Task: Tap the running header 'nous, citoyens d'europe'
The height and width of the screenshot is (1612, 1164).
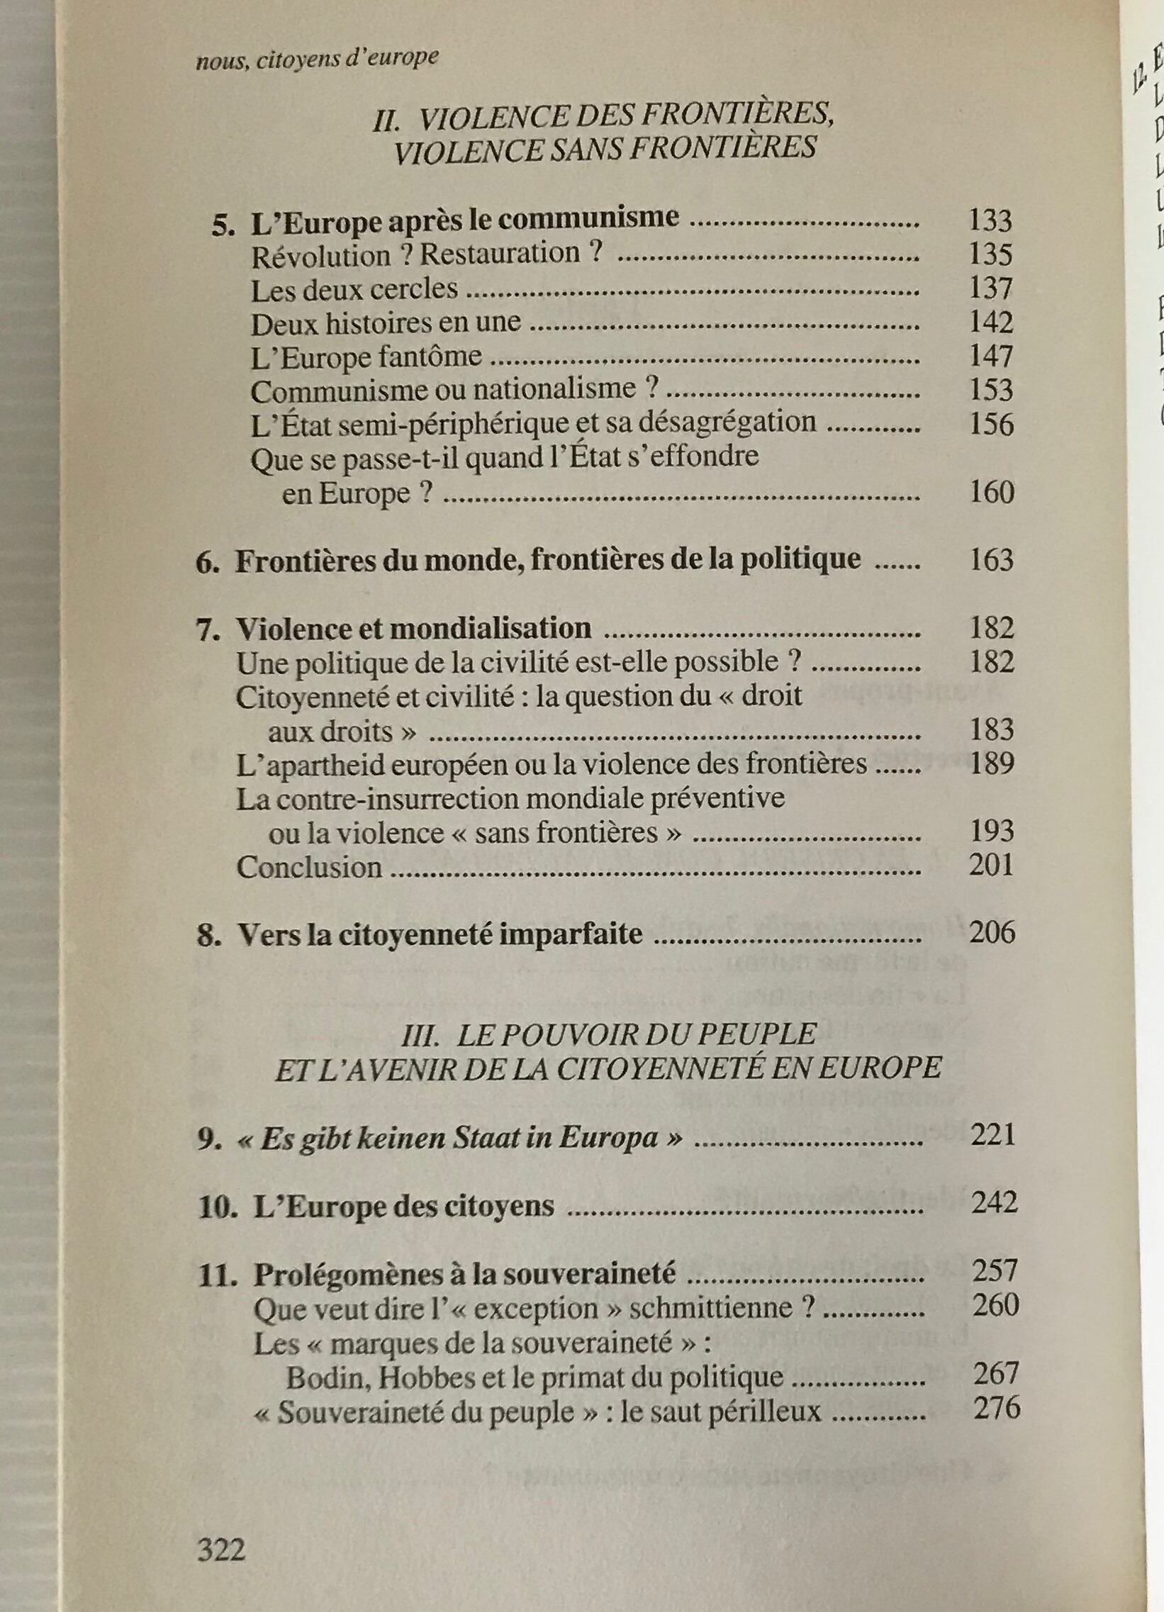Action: (316, 58)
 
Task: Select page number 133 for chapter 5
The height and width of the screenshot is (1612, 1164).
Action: (990, 221)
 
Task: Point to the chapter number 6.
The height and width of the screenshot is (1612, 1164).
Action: (207, 561)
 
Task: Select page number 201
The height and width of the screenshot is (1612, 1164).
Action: (990, 865)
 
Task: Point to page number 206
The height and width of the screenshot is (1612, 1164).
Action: (992, 931)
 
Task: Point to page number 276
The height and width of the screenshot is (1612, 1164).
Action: (996, 1407)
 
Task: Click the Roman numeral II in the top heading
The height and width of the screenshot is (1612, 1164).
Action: (386, 120)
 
